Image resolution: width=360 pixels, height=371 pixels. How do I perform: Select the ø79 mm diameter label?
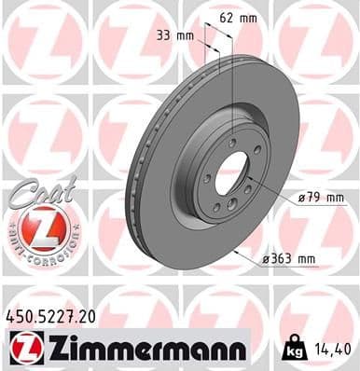tap(321, 197)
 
